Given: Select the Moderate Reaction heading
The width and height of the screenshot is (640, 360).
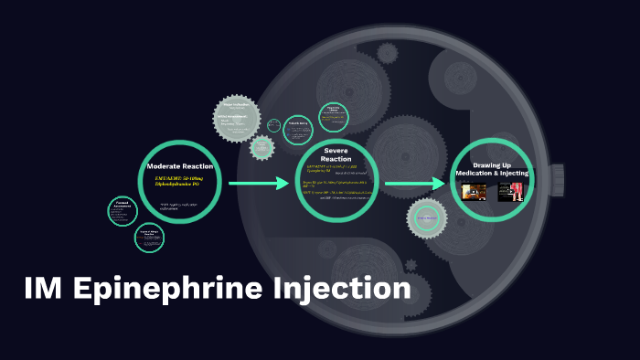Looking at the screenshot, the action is pos(180,166).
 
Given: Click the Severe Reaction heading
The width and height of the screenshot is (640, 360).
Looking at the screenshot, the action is pos(336,154).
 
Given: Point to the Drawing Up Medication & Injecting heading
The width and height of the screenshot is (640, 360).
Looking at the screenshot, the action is pos(492,170).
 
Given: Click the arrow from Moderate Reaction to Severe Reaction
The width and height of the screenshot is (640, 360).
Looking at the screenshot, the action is pos(260,185).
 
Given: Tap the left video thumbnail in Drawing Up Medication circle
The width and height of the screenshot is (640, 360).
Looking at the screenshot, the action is pos(474,192).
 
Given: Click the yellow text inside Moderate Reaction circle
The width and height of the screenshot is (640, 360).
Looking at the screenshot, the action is pos(180,183).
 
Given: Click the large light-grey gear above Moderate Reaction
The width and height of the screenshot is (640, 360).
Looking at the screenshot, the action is pos(236,118).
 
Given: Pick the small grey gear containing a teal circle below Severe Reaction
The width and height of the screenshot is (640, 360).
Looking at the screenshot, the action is pos(426,218).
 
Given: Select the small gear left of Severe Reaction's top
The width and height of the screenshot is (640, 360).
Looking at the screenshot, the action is pos(262,147).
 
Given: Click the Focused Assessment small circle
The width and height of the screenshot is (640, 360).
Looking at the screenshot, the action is pos(122,210).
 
